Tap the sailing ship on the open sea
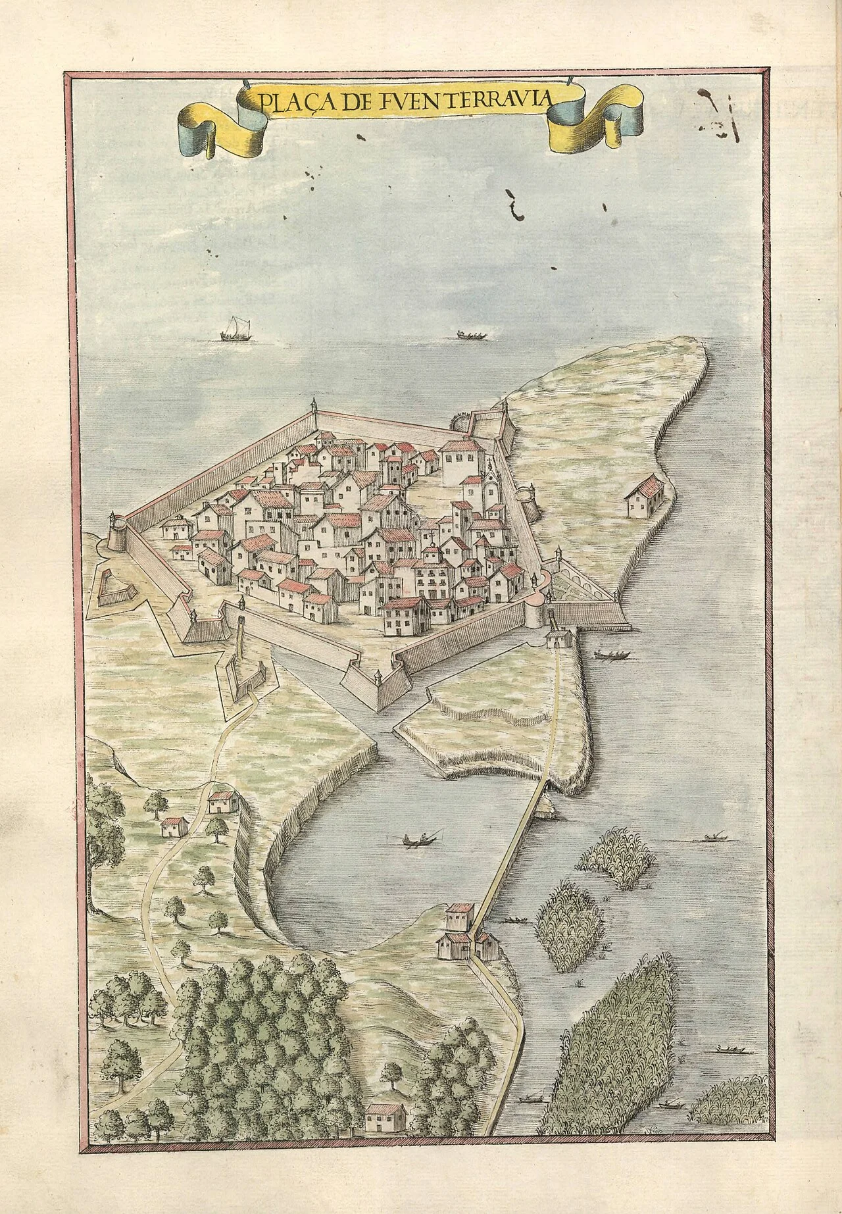[230, 329]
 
